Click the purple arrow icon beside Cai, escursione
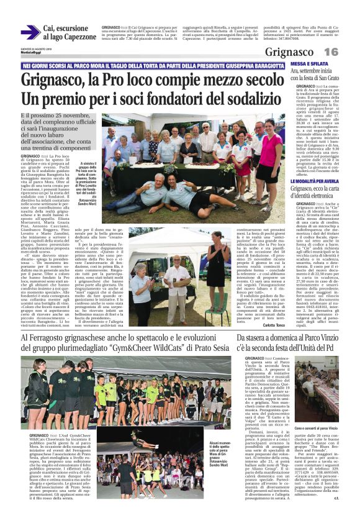[x=30, y=32]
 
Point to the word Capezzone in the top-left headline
[x=79, y=37]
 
